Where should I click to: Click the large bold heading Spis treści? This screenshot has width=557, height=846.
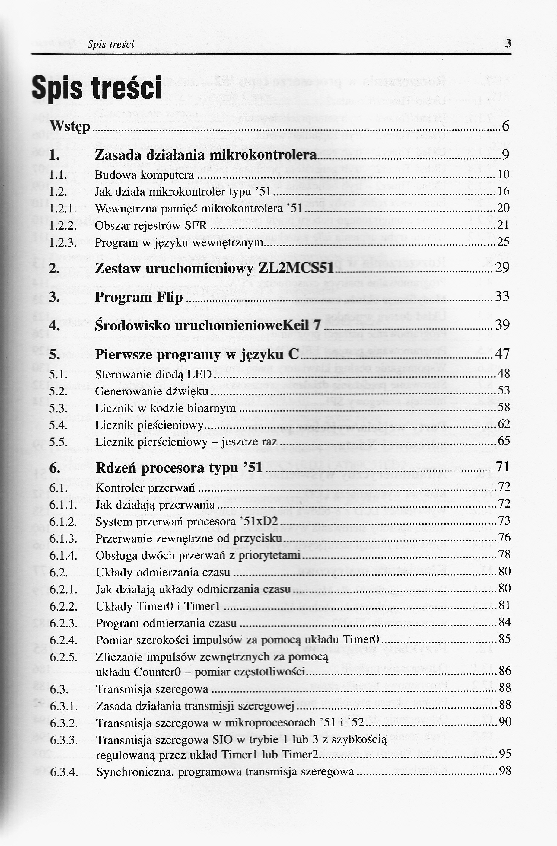pos(97,88)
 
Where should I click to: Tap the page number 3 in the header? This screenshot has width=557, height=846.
pos(508,44)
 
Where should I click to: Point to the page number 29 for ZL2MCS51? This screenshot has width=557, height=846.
pos(502,267)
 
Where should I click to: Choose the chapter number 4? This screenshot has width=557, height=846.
pos(54,326)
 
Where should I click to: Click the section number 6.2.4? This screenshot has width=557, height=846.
pos(63,640)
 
